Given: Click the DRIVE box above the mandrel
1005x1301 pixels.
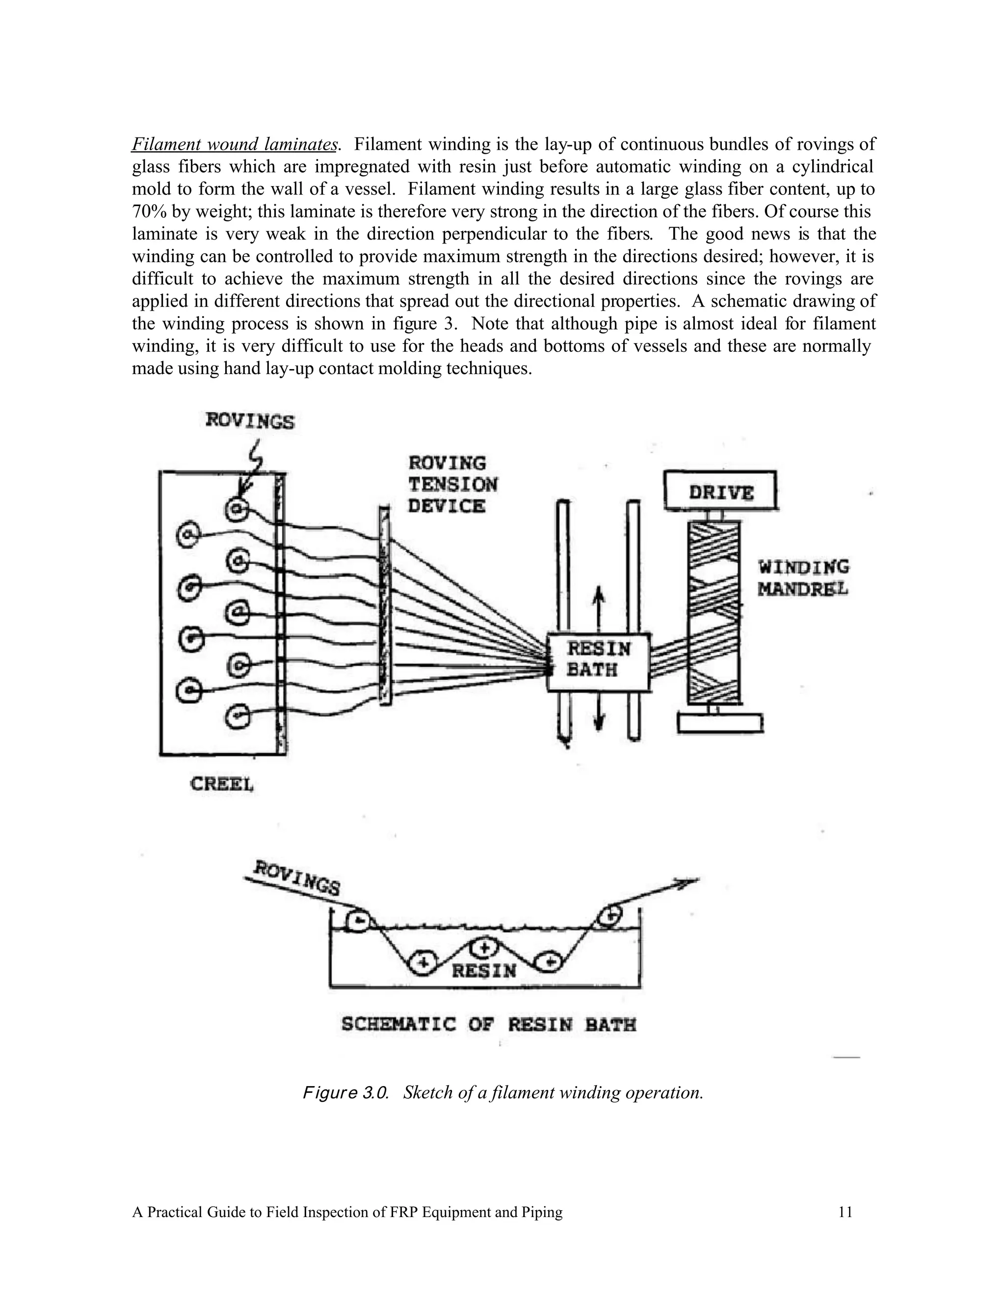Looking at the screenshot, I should pos(720,491).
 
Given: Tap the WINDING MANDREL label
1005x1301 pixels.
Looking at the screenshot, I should pos(802,577).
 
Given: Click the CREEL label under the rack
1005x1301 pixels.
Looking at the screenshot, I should pos(222,784).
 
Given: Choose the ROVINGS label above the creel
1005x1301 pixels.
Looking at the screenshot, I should pos(250,421).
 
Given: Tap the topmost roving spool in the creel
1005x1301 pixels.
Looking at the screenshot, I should pos(237,508).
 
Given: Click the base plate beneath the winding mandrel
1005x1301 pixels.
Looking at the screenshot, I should pos(720,723).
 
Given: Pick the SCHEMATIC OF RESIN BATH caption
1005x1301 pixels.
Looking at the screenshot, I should pos(488,1025).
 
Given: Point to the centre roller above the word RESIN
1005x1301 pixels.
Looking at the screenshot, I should pos(484,946).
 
